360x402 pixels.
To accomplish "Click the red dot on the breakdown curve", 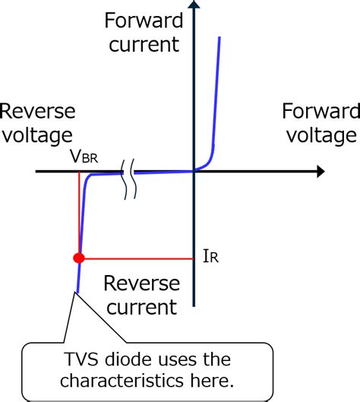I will (77, 258).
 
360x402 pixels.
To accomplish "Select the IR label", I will (210, 258).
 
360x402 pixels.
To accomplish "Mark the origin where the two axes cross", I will (194, 172).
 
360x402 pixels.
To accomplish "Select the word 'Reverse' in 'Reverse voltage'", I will (38, 112).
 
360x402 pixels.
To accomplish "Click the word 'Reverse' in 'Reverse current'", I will (141, 284).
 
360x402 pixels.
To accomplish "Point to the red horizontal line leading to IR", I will (137, 258).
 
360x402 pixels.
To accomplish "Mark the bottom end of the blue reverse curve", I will (76, 291).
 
